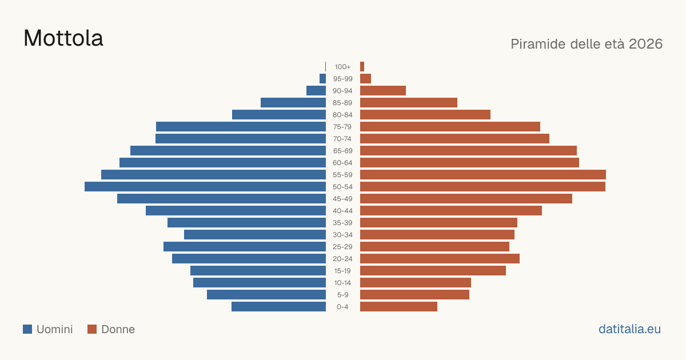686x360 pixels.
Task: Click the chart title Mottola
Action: pos(63,38)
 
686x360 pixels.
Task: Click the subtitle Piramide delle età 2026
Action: pos(587,44)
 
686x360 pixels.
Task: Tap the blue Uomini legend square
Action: pos(27,329)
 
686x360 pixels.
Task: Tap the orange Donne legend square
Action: pos(92,329)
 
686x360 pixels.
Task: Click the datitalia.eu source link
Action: pos(629,329)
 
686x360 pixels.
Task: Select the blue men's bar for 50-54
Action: pos(205,187)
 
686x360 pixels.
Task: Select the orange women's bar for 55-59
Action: pos(483,175)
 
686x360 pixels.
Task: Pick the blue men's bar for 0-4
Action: pos(279,307)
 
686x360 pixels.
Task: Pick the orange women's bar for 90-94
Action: pos(383,91)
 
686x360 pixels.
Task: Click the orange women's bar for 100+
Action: pos(362,67)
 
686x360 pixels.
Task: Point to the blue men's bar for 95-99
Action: pos(322,79)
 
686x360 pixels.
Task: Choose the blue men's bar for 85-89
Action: pos(293,102)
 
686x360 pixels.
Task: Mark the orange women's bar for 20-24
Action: pos(440,259)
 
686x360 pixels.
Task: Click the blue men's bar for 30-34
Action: pos(255,235)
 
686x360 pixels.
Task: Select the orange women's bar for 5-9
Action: pos(414,295)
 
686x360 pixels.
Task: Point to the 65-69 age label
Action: pos(342,151)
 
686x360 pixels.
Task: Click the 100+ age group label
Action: pos(342,67)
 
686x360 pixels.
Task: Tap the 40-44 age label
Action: pos(342,211)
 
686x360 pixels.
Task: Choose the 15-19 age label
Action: pos(342,271)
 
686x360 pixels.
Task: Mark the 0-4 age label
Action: pos(342,307)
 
